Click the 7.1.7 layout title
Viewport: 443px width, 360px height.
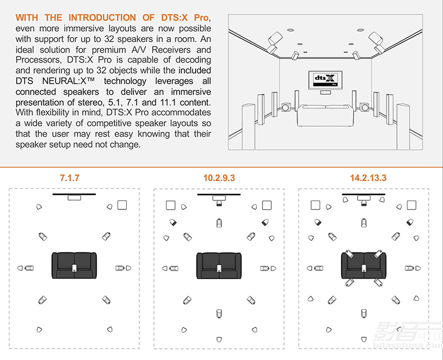[74, 178]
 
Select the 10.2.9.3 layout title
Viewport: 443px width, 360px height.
[219, 178]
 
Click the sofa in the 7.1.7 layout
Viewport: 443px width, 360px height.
[74, 265]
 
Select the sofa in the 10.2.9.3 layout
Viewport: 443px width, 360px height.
[219, 265]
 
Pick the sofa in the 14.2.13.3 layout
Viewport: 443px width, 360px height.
[364, 265]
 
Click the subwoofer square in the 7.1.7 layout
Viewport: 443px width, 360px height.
[122, 205]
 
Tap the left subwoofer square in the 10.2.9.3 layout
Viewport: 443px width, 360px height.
[171, 205]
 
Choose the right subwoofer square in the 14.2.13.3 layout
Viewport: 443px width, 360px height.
[412, 205]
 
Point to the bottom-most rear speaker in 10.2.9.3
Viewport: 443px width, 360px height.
[219, 339]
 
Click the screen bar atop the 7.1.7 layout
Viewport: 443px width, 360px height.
[74, 194]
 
